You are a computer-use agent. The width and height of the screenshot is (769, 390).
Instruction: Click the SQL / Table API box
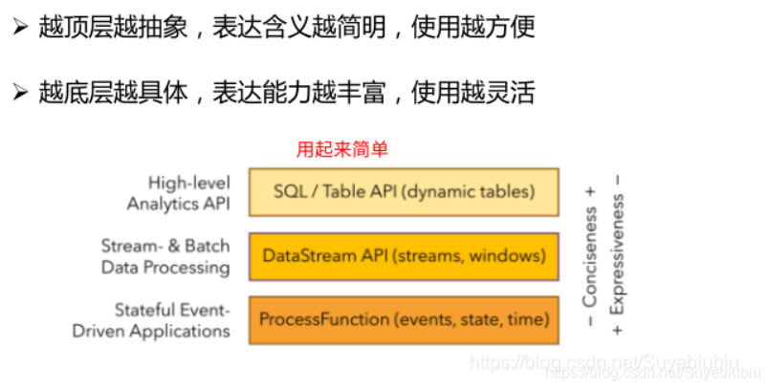pos(403,191)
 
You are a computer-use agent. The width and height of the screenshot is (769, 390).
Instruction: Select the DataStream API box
pos(403,256)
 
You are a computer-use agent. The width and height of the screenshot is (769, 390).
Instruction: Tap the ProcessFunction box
pos(403,320)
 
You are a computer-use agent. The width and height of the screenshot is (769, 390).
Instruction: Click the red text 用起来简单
pos(342,150)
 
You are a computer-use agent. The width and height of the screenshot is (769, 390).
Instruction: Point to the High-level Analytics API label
pos(179,192)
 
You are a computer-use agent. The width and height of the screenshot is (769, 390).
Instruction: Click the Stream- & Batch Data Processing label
pos(165,256)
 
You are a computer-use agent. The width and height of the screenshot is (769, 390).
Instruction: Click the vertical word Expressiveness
pos(618,256)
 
